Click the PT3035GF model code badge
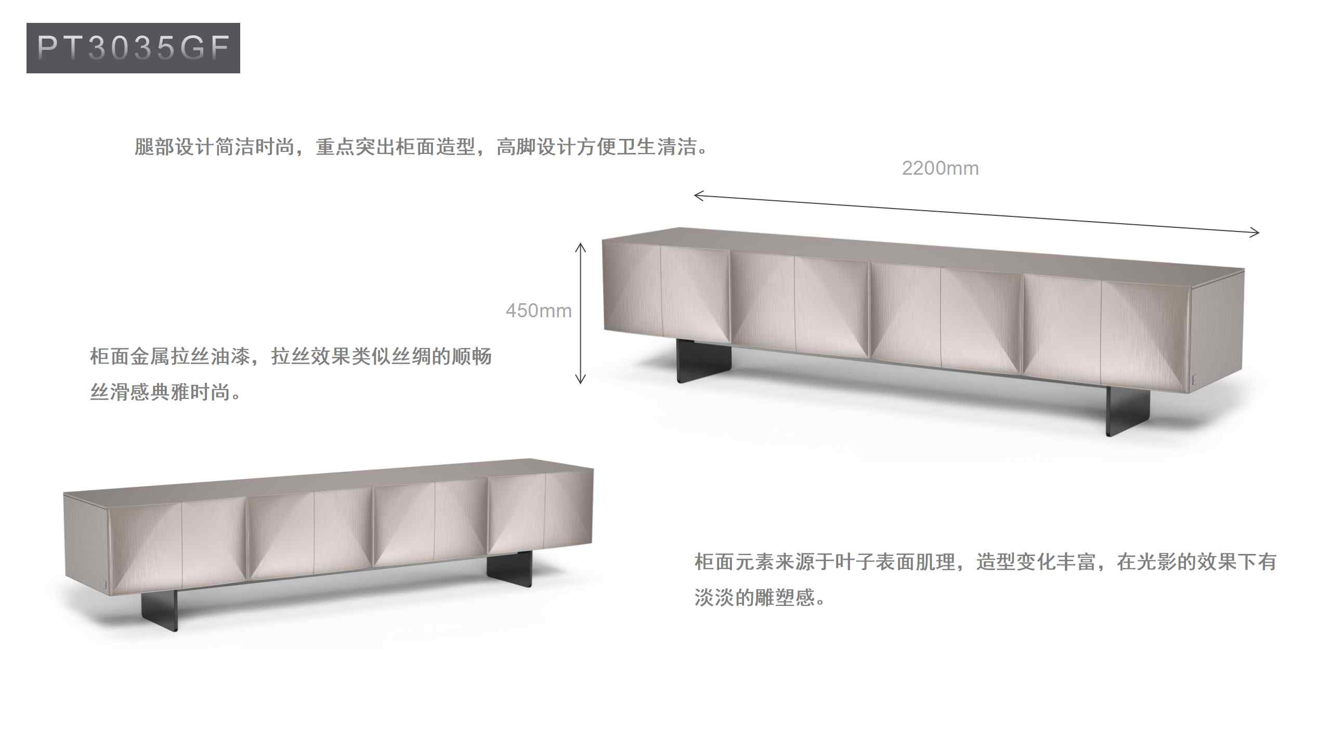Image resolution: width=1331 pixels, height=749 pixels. coord(133,48)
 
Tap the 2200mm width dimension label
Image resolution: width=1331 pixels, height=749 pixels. coord(940,169)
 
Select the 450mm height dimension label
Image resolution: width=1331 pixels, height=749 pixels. coord(538,311)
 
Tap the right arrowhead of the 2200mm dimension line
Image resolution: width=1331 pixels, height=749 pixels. coord(1255,232)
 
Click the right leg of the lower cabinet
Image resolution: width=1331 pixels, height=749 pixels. coord(510,570)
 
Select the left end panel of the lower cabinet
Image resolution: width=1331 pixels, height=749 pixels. coord(86,541)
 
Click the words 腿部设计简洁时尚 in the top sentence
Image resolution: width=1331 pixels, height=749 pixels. coord(214,147)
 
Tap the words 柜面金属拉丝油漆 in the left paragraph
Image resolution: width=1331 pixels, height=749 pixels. coord(171,357)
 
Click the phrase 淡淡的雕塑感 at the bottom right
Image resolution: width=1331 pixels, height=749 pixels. coord(755,598)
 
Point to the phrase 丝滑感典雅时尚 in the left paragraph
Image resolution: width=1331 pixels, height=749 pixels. coord(160,392)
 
